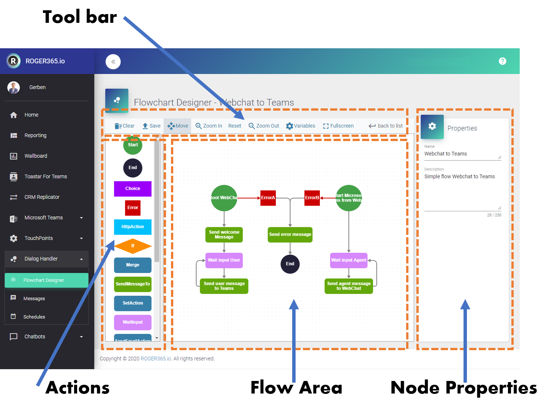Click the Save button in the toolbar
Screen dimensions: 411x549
tap(151, 126)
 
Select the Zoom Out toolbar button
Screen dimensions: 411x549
tap(264, 126)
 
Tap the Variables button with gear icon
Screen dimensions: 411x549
tap(301, 126)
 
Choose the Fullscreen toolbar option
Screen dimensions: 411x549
tap(338, 126)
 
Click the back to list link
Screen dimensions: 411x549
tap(386, 126)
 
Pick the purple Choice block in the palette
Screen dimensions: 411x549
tap(133, 189)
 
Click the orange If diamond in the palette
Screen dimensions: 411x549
tap(133, 246)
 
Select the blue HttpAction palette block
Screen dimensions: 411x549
tap(133, 227)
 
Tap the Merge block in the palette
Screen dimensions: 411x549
tap(133, 265)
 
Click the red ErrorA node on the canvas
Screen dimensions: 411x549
tap(268, 198)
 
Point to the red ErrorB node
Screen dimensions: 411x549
tap(312, 198)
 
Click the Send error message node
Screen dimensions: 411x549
tap(290, 235)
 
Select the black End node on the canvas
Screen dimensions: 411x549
tap(290, 264)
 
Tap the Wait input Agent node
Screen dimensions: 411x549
tap(348, 260)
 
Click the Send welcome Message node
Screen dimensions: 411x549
tap(224, 235)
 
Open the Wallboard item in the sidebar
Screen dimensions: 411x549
tap(36, 156)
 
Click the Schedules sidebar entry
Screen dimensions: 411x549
tap(34, 317)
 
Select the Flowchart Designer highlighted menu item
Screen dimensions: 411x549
tap(46, 280)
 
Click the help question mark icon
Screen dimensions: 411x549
tap(502, 61)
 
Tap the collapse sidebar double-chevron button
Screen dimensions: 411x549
tap(113, 62)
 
